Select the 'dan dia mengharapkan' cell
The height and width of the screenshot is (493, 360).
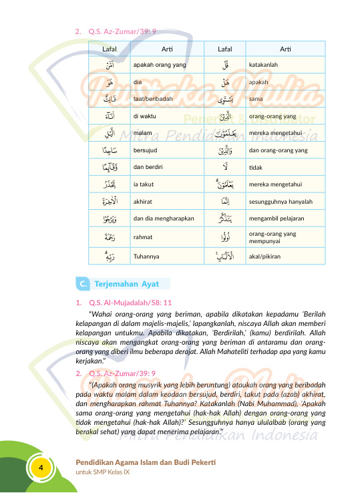pyautogui.click(x=160, y=218)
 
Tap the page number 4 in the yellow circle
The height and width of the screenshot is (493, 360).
pyautogui.click(x=41, y=467)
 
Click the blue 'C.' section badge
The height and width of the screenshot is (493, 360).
pyautogui.click(x=81, y=284)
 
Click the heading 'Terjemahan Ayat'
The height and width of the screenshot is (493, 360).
pyautogui.click(x=122, y=284)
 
